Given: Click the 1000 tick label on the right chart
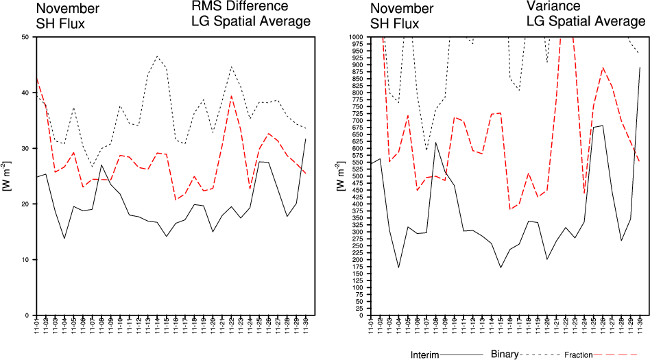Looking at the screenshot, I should [354, 36].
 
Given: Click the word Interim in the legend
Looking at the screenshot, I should [424, 355].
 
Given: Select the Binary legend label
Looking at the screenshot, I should [505, 355].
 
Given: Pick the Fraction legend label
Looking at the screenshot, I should [579, 355].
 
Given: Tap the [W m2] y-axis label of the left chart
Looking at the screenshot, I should [7, 176].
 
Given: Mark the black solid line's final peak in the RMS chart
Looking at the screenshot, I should [306, 139].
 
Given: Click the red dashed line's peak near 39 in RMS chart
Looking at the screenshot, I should [232, 96].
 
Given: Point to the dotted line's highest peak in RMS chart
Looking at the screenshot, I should [157, 56].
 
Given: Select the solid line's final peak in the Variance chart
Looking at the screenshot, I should [640, 68].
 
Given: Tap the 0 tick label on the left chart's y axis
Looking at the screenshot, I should [26, 315].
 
